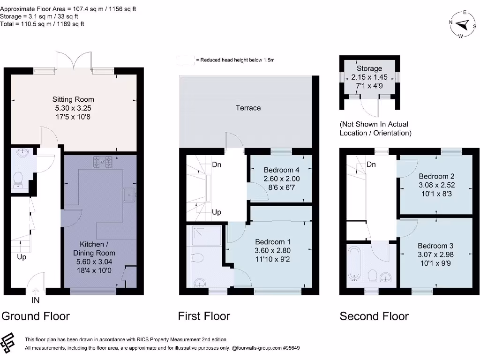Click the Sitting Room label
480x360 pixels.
pyautogui.click(x=73, y=99)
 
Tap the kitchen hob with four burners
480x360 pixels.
pyautogui.click(x=103, y=162)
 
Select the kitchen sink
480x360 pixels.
pyautogui.click(x=128, y=195)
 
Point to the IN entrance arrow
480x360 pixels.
pyautogui.click(x=36, y=291)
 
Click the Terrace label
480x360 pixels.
pyautogui.click(x=248, y=108)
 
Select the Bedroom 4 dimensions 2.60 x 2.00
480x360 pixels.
pyautogui.click(x=281, y=179)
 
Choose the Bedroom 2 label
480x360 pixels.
pyautogui.click(x=436, y=176)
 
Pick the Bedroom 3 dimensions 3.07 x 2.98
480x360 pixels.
pyautogui.click(x=436, y=255)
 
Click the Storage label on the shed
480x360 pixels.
pyautogui.click(x=369, y=68)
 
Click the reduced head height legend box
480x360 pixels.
pyautogui.click(x=185, y=60)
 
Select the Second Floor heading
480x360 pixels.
pyautogui.click(x=374, y=316)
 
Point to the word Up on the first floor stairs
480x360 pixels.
pyautogui.click(x=217, y=212)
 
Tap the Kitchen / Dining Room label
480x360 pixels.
pyautogui.click(x=97, y=248)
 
